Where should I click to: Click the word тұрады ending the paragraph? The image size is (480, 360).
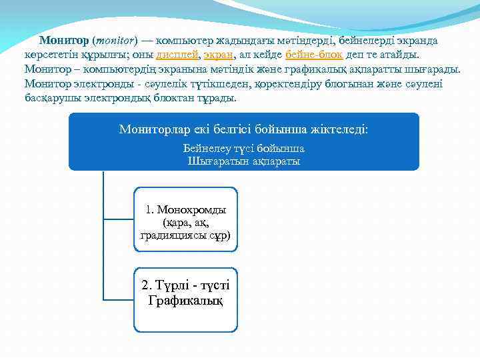point(217,98)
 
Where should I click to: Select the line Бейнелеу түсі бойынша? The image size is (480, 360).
point(243,148)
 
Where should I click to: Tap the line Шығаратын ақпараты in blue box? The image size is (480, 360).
point(243,161)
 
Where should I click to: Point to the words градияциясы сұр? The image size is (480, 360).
point(185,235)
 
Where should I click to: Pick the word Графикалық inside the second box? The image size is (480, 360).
point(185,301)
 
